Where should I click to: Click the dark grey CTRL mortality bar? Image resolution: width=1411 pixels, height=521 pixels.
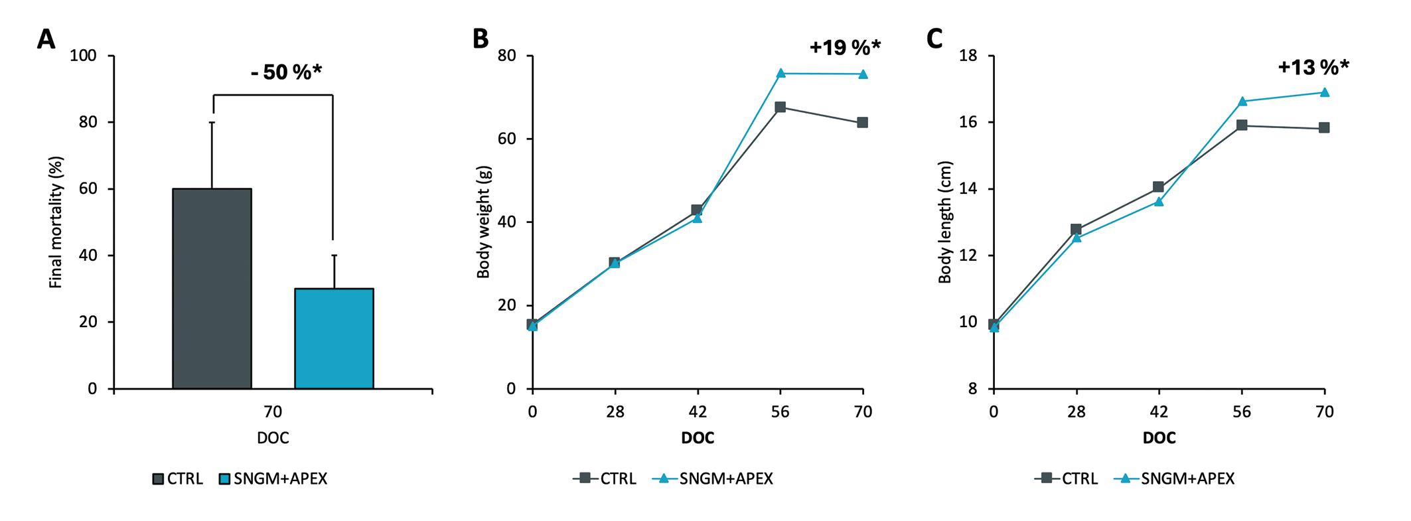click(x=212, y=289)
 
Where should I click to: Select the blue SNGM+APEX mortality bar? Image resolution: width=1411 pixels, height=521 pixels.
click(x=334, y=338)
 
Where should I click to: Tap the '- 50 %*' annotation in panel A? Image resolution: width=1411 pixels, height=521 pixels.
click(x=286, y=72)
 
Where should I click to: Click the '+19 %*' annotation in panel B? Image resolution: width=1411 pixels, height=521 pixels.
click(x=845, y=47)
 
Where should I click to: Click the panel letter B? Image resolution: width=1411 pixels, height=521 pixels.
click(x=479, y=39)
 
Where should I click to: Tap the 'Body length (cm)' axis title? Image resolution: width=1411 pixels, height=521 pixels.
click(x=944, y=222)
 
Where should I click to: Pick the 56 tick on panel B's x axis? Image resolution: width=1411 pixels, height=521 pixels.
click(x=780, y=412)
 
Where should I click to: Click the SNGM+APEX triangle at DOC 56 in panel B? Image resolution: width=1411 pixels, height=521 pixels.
click(x=780, y=73)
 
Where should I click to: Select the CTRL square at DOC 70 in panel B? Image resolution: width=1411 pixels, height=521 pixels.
click(x=863, y=123)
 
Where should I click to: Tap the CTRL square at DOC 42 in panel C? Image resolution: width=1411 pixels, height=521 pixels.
click(x=1159, y=187)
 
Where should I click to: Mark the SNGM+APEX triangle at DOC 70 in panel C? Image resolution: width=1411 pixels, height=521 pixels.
click(x=1324, y=92)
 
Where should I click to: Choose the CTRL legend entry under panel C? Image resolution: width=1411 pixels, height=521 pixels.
click(x=1065, y=479)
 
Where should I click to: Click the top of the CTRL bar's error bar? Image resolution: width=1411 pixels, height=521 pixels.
click(x=212, y=122)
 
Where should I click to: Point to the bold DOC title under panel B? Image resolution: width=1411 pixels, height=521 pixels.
click(x=698, y=439)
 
